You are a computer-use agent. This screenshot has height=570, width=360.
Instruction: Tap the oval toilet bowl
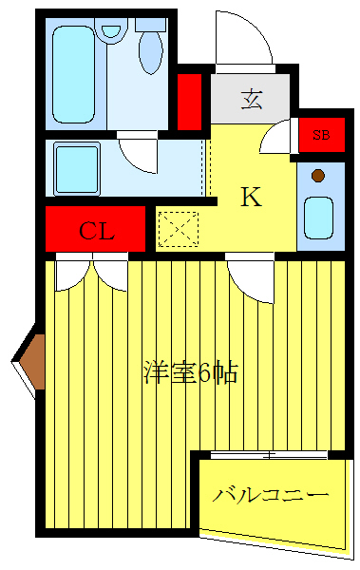150,54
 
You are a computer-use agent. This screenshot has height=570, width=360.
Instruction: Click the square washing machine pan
77,168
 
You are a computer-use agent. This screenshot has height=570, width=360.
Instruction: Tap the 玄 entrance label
251,98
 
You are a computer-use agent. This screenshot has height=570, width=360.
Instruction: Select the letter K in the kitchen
250,197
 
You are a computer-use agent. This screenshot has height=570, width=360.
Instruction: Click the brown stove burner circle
318,175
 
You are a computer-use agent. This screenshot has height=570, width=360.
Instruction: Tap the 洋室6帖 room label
190,371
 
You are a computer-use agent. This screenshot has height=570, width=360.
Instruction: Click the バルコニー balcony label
271,495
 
